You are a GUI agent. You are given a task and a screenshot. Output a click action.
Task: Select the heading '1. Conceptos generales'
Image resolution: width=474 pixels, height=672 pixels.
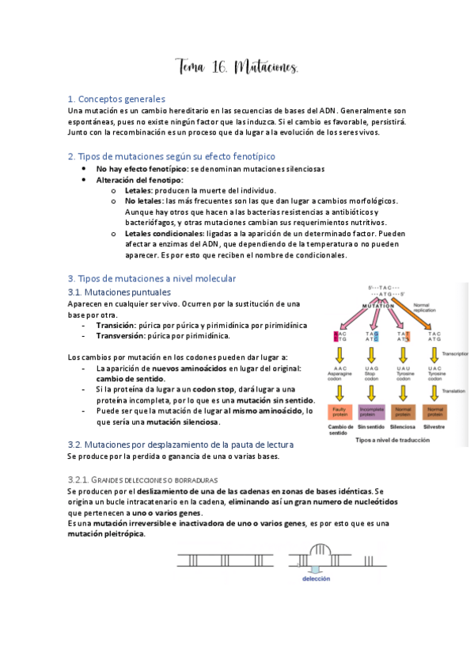116,99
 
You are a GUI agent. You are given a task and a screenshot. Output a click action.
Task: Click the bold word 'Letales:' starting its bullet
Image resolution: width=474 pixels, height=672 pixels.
139,190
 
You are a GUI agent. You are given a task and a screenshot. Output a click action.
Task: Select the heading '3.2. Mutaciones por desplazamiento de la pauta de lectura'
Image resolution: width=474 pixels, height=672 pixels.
180,445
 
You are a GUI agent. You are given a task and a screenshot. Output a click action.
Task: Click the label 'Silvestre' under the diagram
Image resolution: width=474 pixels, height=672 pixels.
435,428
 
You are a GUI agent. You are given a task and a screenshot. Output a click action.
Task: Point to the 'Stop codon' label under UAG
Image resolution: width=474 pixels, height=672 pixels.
371,376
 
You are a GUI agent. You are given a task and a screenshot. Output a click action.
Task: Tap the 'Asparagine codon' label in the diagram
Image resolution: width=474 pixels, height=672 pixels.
342,376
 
